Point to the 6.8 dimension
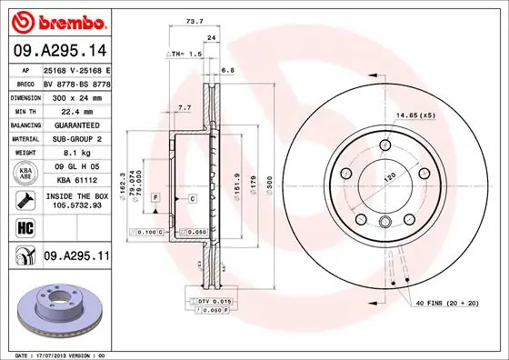point(227,69)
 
